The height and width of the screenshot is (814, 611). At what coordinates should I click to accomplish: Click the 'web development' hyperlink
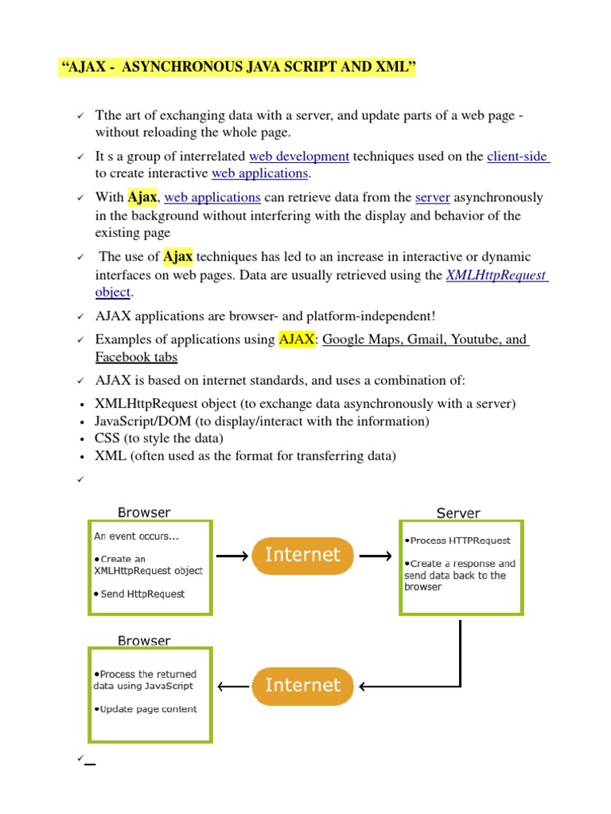point(299,157)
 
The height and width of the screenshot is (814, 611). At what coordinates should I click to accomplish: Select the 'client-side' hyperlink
point(517,157)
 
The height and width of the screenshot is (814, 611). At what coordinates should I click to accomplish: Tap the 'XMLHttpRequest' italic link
point(496,275)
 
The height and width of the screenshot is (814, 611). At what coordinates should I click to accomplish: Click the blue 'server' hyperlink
point(433,197)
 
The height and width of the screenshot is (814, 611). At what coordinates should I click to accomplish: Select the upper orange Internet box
point(302,556)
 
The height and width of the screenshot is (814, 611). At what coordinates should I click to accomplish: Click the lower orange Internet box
point(302,686)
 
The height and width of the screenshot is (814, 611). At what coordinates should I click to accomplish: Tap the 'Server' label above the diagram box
point(458,514)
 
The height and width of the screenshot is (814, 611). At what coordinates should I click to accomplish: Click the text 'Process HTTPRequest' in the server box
point(457,541)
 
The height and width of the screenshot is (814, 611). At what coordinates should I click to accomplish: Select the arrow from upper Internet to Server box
point(375,556)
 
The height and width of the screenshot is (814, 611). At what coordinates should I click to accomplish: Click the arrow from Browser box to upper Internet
point(232,556)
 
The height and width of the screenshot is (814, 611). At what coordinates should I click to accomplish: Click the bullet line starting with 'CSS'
point(159,439)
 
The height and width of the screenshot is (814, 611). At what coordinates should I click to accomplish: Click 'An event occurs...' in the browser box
point(136,536)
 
